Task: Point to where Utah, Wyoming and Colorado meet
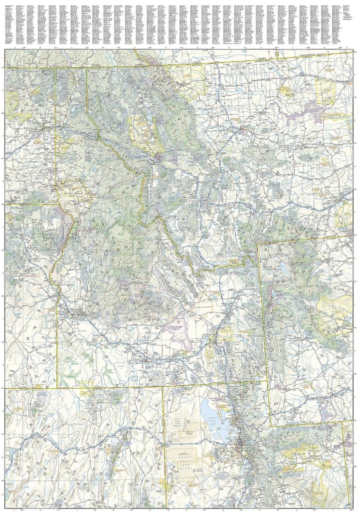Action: [x=342, y=423]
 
